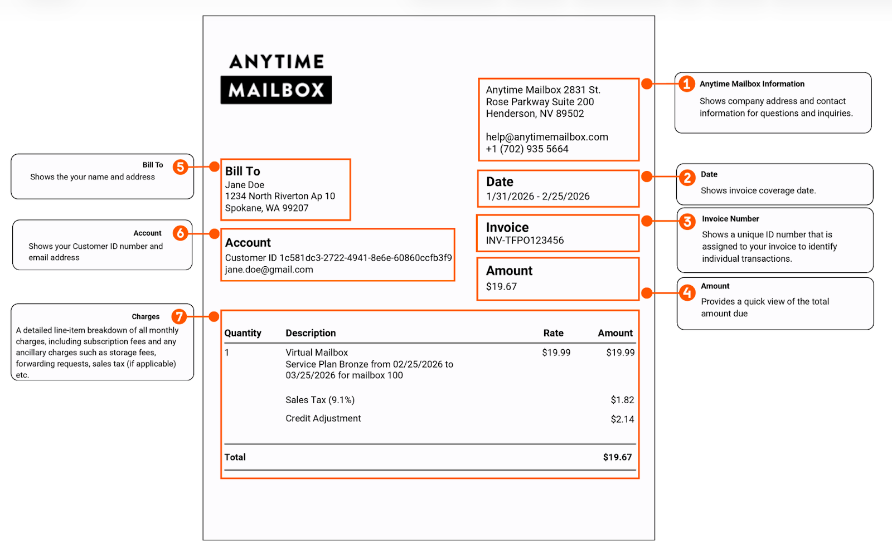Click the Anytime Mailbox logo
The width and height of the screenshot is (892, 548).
pos(276,78)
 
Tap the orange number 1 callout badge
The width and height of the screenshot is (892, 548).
pos(686,84)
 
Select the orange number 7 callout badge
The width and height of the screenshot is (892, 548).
pos(179,316)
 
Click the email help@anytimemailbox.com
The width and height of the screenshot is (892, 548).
pos(546,137)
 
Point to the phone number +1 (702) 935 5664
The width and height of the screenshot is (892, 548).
pos(527,149)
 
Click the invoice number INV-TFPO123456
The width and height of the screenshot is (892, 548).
pos(525,241)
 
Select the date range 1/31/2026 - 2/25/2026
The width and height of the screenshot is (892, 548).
pos(537,197)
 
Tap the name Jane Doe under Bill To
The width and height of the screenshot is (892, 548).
pos(245,185)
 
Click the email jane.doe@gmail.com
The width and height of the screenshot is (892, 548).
pos(269,270)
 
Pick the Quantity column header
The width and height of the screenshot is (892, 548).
pos(243,333)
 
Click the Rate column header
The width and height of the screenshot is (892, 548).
pos(553,333)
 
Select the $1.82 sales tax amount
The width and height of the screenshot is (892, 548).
pos(622,400)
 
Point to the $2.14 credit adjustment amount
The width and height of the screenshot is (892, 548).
pos(622,419)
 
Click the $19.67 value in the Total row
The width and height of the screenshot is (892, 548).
pos(617,457)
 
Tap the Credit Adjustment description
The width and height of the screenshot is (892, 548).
pos(323,418)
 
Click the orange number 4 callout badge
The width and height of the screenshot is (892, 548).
pos(687,292)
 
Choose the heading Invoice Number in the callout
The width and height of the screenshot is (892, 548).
pos(730,219)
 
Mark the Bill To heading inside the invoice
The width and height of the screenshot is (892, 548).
pos(243,172)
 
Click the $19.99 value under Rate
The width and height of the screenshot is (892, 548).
pos(556,353)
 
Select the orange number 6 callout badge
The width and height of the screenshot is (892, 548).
pos(180,233)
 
